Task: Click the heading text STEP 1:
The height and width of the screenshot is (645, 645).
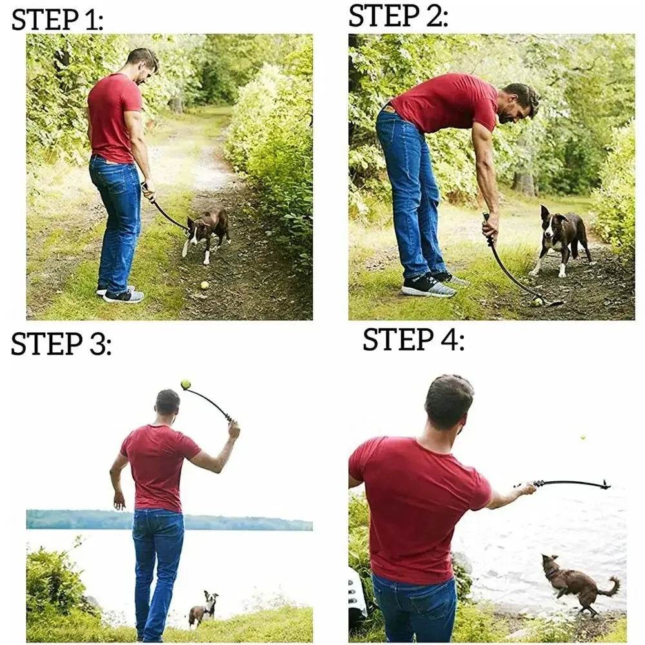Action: (57, 19)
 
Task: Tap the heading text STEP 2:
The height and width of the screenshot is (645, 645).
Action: (398, 15)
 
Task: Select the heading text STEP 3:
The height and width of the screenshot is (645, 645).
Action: (61, 344)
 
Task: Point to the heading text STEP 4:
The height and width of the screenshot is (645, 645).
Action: (413, 339)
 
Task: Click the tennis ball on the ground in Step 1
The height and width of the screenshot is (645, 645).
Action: (204, 284)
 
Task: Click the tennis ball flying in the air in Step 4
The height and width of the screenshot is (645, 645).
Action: (583, 437)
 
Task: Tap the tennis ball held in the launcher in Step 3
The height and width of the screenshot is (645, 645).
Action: (186, 384)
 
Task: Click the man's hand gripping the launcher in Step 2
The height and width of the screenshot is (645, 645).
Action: (490, 226)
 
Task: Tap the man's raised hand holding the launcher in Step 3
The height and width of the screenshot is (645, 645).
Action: (233, 428)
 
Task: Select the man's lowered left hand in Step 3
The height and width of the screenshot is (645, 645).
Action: (119, 500)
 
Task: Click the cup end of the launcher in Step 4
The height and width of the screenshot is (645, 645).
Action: (604, 484)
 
